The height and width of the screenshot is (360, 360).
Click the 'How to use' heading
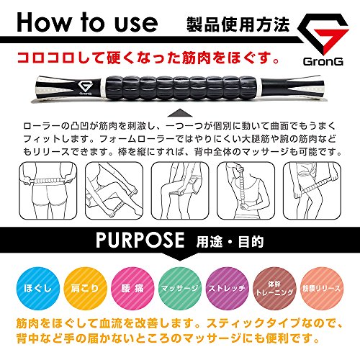click(87, 22)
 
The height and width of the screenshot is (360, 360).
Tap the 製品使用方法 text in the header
click(238, 24)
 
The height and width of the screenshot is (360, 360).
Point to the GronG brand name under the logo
click(323, 62)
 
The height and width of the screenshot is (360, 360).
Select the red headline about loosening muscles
click(148, 58)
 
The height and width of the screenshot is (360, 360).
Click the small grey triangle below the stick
click(180, 113)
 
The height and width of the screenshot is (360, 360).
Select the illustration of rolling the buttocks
click(48, 191)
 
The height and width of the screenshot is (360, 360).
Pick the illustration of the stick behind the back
click(246, 191)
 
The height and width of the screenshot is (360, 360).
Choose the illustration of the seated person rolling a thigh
click(180, 191)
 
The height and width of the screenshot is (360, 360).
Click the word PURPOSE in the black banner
click(140, 240)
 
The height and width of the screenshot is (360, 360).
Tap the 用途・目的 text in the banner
click(230, 242)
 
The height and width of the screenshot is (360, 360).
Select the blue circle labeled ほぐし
click(37, 288)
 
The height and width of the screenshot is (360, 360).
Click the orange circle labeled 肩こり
click(85, 288)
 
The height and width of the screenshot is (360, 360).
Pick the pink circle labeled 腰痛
click(132, 288)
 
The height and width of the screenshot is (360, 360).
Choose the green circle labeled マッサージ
click(180, 288)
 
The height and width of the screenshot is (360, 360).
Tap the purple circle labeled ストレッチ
click(227, 288)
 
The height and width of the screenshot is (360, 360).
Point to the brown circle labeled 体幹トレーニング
click(274, 288)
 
